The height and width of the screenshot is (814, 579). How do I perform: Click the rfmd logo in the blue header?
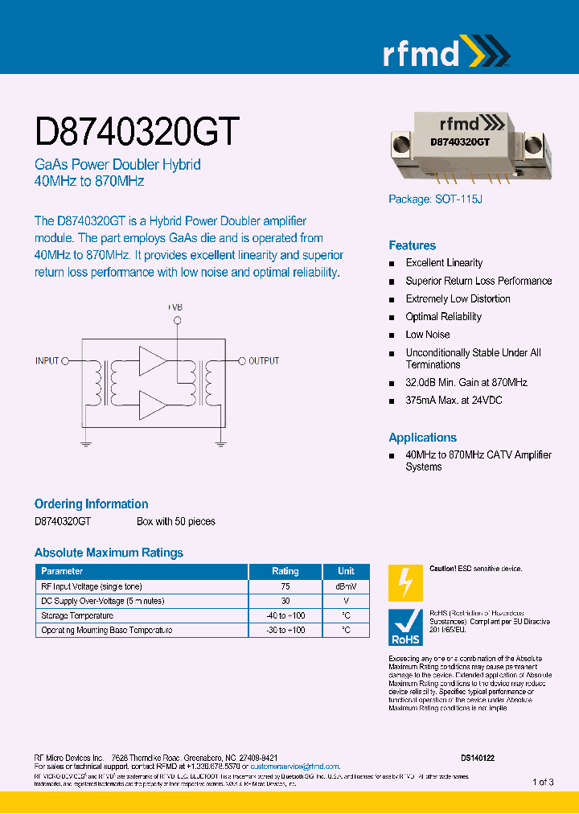(445, 52)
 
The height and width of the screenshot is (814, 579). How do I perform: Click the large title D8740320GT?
(137, 130)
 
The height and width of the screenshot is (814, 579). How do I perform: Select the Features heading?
(412, 245)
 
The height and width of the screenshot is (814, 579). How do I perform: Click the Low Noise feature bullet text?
(428, 335)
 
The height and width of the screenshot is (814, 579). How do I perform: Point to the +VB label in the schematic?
(175, 307)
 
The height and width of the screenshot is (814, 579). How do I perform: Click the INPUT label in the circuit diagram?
(47, 360)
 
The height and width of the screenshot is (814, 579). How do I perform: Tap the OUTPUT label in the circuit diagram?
(264, 360)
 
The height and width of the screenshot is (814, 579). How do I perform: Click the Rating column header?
(285, 571)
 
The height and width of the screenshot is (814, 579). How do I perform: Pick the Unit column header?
(346, 571)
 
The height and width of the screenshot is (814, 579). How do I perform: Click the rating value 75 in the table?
(285, 586)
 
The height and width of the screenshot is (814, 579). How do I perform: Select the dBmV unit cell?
(346, 586)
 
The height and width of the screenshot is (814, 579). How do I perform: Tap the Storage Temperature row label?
(77, 615)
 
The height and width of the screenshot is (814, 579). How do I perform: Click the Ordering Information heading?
(91, 504)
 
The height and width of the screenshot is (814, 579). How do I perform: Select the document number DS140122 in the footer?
(478, 758)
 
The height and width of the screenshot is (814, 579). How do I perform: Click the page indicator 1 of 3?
(543, 782)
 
